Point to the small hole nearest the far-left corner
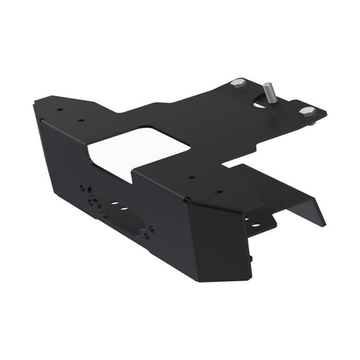(x=59, y=110)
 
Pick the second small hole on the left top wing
(x=80, y=120)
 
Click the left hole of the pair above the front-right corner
(x=192, y=177)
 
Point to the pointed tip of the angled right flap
(x=324, y=223)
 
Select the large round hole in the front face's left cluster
(x=92, y=201)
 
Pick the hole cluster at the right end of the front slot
(x=148, y=232)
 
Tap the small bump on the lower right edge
(x=251, y=257)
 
